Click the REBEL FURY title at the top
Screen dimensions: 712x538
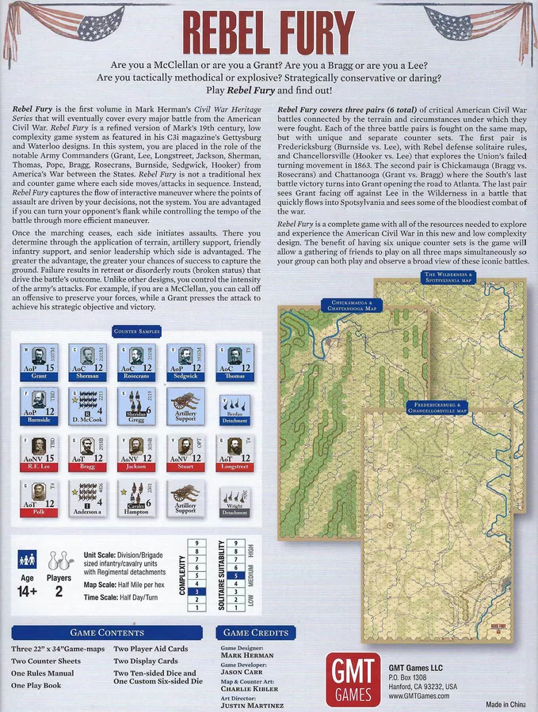click(269, 33)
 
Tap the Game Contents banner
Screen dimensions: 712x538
click(107, 632)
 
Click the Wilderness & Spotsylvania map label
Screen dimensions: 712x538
click(448, 277)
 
